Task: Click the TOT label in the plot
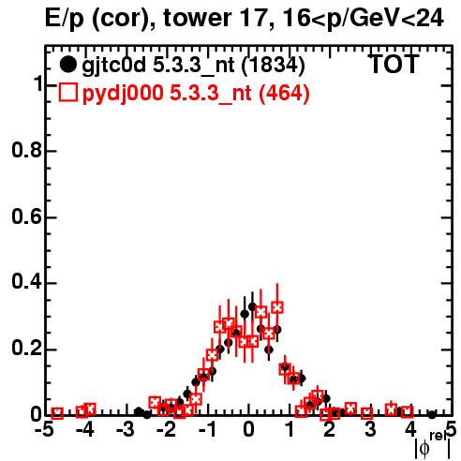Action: [394, 64]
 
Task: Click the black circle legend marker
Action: [67, 65]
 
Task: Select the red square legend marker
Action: [67, 92]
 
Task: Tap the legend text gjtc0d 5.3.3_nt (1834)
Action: [193, 66]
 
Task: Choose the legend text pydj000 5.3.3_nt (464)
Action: [196, 94]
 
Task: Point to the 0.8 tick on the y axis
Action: [26, 150]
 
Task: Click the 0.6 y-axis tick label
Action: [26, 216]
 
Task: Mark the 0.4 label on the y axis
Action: [26, 282]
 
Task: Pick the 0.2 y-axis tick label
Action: [26, 349]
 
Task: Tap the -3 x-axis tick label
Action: [126, 430]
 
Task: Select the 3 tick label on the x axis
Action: [370, 430]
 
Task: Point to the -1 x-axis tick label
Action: [207, 430]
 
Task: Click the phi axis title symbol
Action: [424, 449]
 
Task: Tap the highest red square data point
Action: [277, 307]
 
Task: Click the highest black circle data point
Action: [252, 306]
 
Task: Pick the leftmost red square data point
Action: [57, 413]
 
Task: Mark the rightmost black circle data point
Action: [432, 415]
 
